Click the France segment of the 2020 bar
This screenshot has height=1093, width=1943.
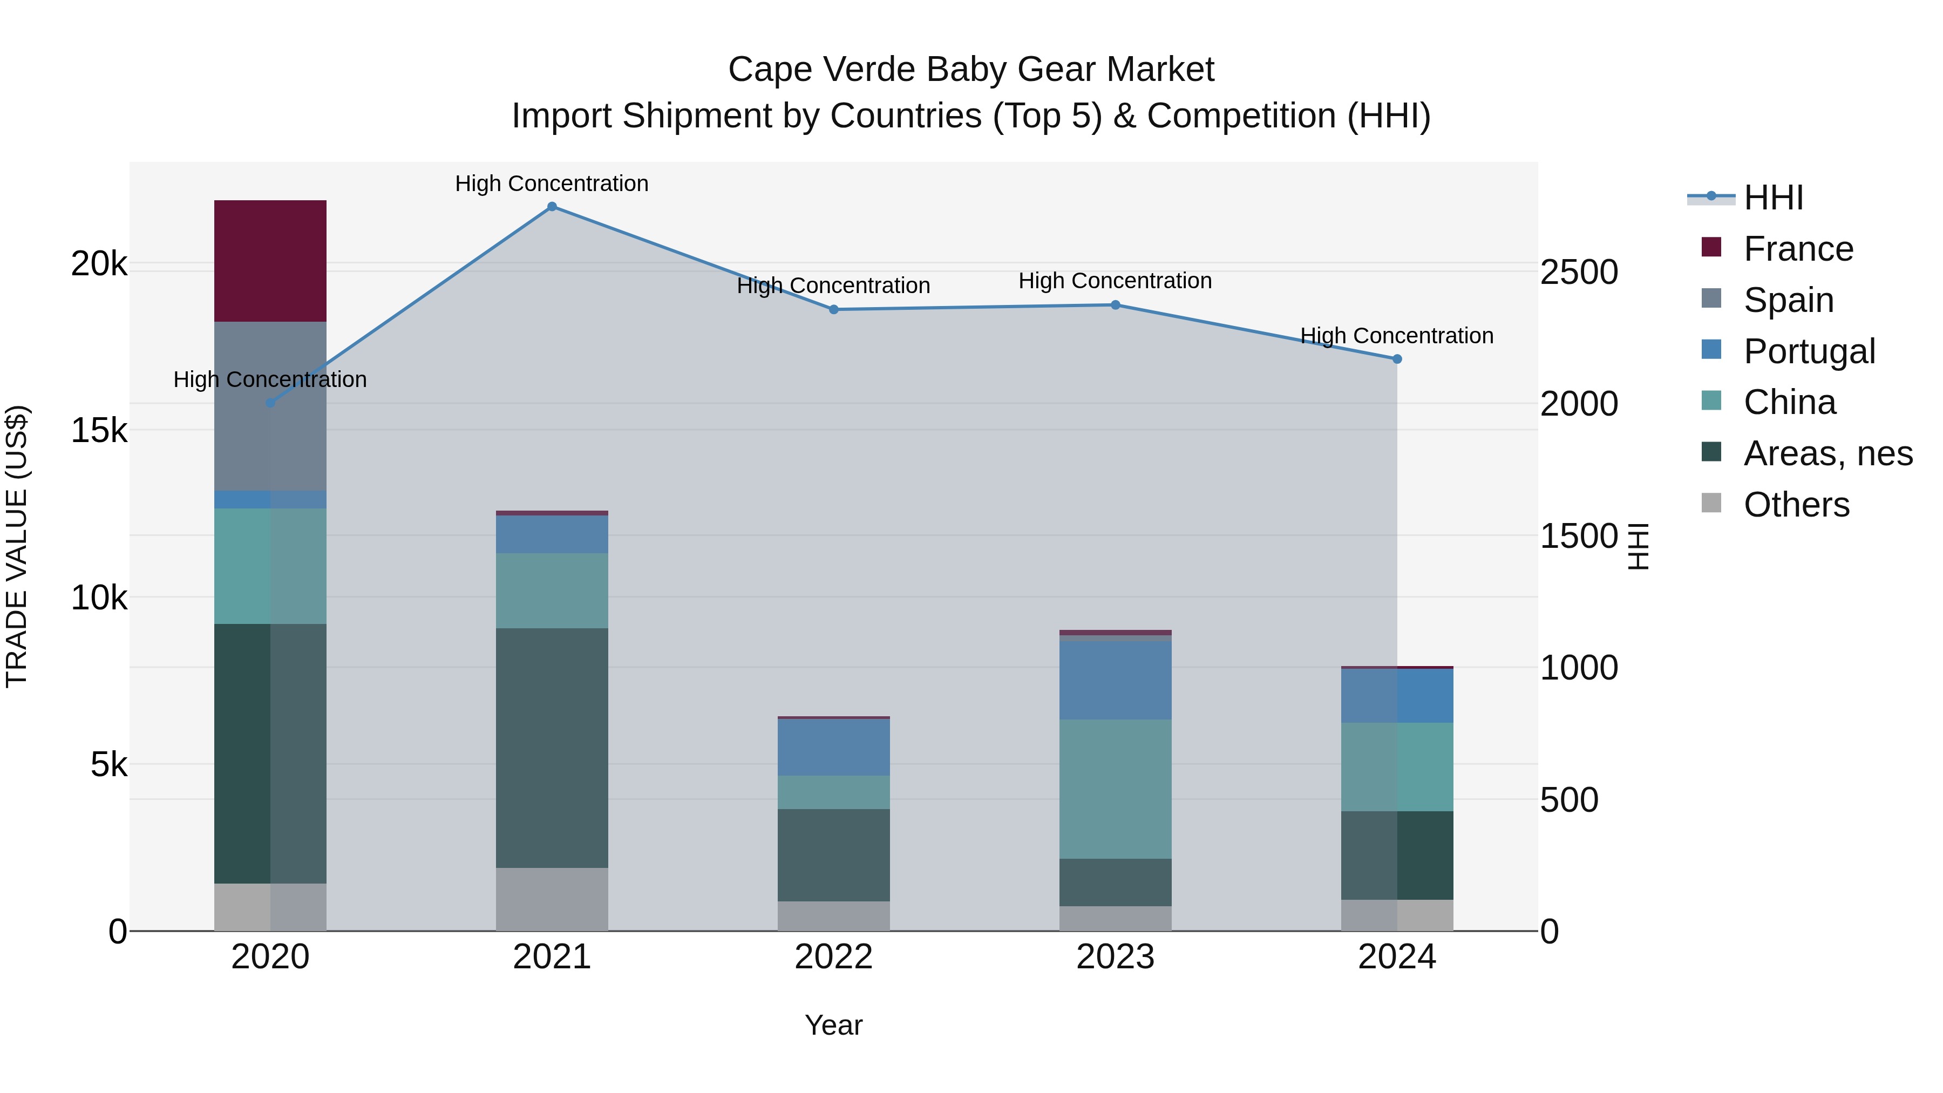pyautogui.click(x=270, y=261)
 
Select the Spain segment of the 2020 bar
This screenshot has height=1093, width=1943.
pyautogui.click(x=270, y=406)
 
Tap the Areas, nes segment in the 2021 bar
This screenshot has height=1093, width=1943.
pyautogui.click(x=552, y=748)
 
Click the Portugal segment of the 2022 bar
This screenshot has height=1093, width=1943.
pyautogui.click(x=833, y=747)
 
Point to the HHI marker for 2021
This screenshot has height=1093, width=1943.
pyautogui.click(x=552, y=207)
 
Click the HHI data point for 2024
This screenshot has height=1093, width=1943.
pyautogui.click(x=1397, y=359)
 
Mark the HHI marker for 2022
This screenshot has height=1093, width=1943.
pyautogui.click(x=833, y=309)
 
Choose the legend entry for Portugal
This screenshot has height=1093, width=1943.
pyautogui.click(x=1809, y=351)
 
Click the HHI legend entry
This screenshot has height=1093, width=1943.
pyautogui.click(x=1772, y=198)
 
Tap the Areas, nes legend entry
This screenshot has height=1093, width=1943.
pyautogui.click(x=1827, y=453)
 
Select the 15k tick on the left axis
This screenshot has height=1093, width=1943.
pyautogui.click(x=99, y=431)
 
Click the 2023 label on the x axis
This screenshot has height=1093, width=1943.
pyautogui.click(x=1115, y=957)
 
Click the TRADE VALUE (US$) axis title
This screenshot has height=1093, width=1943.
pyautogui.click(x=17, y=546)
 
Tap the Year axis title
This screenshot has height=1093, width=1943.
pyautogui.click(x=833, y=1025)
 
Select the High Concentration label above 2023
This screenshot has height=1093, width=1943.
pyautogui.click(x=1115, y=281)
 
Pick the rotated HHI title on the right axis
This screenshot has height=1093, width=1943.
pyautogui.click(x=1638, y=546)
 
